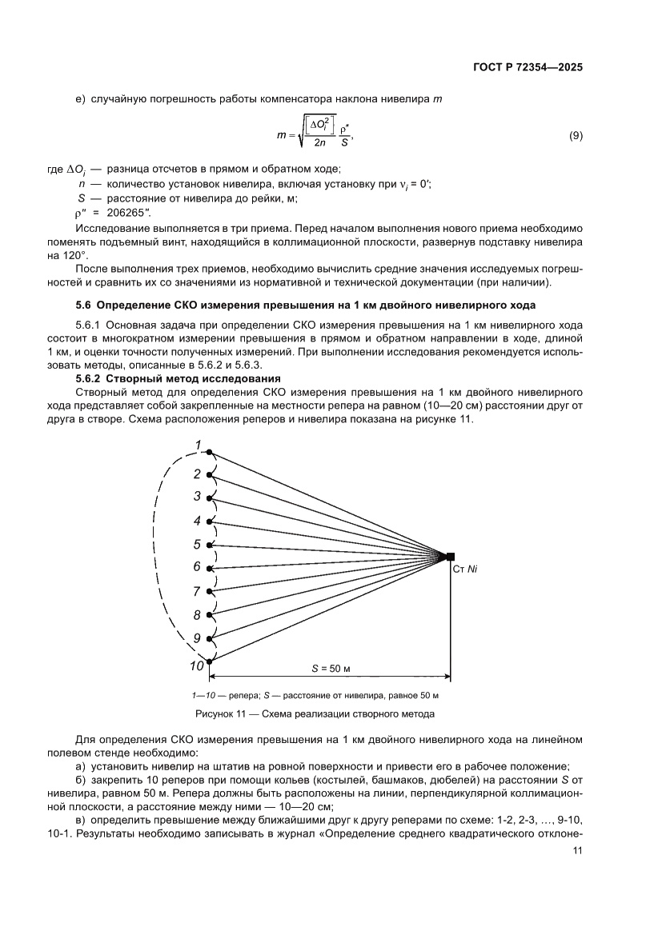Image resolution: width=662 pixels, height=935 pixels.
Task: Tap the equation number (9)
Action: [576, 136]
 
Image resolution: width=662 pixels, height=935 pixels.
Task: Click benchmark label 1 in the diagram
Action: [197, 446]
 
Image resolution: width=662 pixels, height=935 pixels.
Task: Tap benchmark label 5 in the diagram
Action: [197, 545]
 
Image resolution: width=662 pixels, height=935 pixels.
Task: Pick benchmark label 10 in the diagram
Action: [196, 665]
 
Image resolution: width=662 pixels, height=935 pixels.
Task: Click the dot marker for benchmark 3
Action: [210, 498]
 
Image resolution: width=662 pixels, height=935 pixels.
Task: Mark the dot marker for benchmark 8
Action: [210, 615]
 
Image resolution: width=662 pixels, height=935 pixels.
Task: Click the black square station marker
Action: [451, 556]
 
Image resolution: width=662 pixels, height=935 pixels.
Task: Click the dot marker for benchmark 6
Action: [210, 569]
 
